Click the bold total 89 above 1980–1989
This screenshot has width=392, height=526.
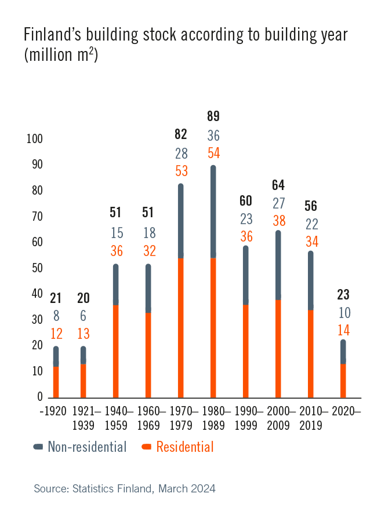click(213, 116)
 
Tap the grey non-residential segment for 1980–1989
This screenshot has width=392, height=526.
click(213, 211)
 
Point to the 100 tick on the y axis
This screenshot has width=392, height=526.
click(35, 139)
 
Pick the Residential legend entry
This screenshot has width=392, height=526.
click(177, 447)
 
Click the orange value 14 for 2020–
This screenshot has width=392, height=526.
click(343, 331)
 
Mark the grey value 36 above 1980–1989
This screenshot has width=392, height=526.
click(213, 136)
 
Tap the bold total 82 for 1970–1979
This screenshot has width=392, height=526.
click(181, 134)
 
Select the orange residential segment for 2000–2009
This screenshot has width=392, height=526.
click(278, 348)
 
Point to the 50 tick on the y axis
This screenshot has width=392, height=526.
click(37, 268)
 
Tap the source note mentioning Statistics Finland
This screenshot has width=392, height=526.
click(125, 488)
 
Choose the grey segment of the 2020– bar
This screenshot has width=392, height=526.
click(343, 352)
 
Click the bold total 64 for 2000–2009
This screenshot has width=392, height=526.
click(278, 185)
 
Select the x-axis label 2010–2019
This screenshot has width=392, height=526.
click(311, 417)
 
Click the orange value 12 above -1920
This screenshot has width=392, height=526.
click(56, 334)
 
